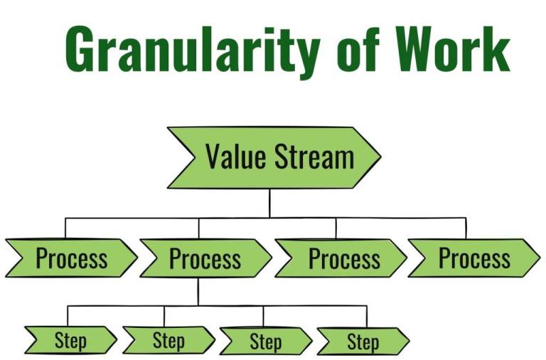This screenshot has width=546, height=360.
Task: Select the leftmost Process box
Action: coord(71,258)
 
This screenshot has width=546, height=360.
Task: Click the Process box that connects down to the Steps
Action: coord(205,258)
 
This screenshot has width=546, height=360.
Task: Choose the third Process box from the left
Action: coord(341,258)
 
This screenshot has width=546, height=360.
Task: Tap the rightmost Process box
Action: coord(473,258)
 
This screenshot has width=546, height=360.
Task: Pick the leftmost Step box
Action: coord(70,340)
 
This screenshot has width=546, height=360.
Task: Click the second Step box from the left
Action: coord(168,340)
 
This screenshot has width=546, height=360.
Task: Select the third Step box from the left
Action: coord(265,340)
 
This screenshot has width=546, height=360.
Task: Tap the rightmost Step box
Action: coord(363,341)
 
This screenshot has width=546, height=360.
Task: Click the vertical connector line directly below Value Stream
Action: coord(269,203)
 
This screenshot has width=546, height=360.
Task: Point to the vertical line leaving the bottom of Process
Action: coord(198,292)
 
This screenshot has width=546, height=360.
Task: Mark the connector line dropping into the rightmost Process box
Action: coord(466,228)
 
